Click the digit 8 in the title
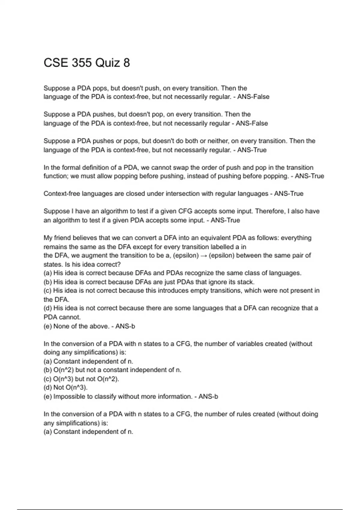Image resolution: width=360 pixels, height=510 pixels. click(126, 63)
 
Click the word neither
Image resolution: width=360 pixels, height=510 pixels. click(219, 141)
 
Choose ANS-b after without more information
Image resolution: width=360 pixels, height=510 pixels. click(208, 397)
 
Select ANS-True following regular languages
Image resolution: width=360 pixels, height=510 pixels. click(289, 194)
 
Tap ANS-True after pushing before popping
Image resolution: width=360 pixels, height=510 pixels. click(309, 176)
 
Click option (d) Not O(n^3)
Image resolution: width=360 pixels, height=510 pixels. click(66, 388)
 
